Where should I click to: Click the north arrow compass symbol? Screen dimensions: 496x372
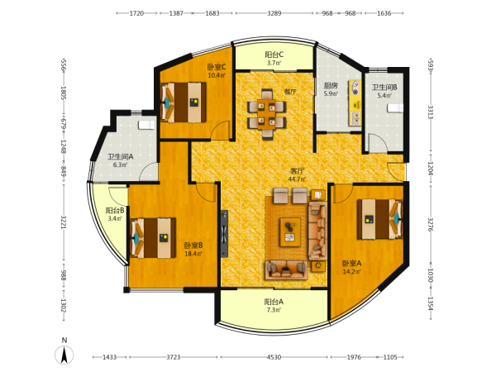64,355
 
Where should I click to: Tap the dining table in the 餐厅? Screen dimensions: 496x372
267,114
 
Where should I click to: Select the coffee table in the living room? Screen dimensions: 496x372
290,231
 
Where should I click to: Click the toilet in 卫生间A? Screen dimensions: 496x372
146,125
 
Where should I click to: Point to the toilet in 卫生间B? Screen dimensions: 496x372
395,107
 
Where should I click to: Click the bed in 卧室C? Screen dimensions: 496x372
184,103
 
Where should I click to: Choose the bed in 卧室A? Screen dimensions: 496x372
380,219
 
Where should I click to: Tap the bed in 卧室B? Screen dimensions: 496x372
153,238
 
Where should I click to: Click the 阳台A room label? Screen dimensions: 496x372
274,302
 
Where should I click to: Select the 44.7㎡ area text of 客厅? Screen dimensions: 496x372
297,179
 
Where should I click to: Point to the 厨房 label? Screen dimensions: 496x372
331,85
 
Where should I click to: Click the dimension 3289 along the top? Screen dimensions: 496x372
274,13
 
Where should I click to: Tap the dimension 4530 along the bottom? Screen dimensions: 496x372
274,357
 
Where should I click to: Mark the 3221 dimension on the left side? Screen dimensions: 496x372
64,222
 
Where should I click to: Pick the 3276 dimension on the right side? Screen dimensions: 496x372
431,224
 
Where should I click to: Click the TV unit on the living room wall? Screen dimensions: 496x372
224,234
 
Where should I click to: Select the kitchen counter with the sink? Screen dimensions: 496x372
355,103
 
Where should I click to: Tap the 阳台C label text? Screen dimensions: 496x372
274,55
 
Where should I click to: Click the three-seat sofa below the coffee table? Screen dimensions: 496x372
286,269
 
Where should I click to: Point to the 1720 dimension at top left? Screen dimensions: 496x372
136,13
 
